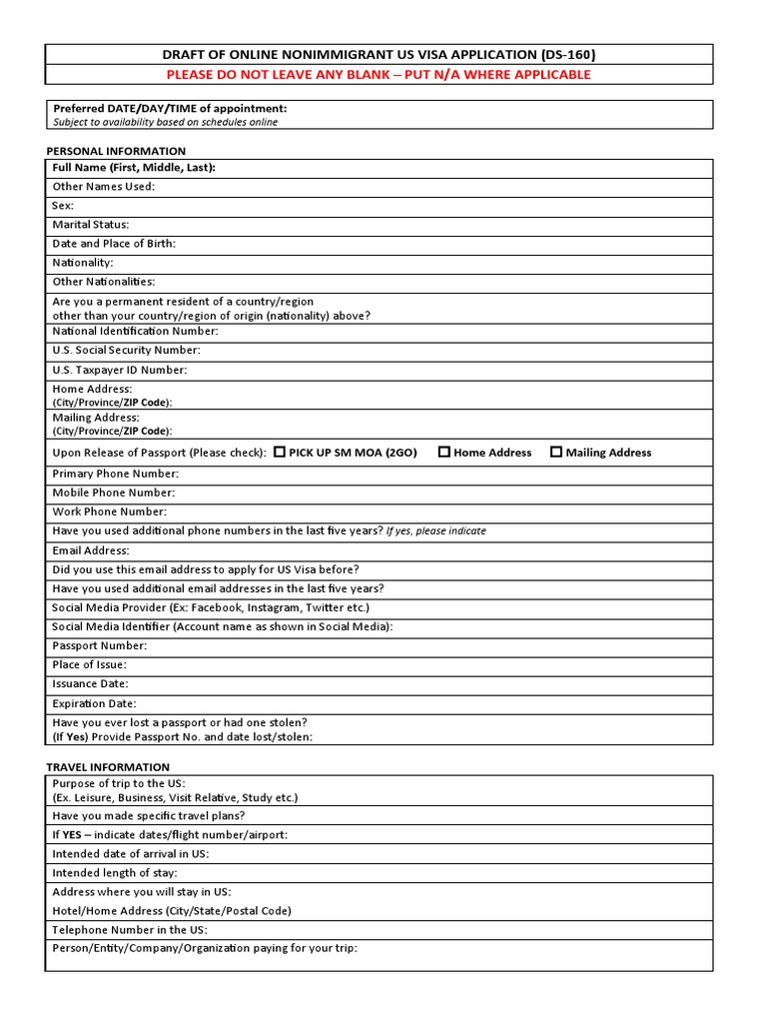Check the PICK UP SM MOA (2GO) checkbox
click(280, 452)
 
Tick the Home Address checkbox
click(444, 452)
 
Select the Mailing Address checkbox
click(556, 452)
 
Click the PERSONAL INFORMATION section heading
click(116, 151)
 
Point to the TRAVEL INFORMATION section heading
click(108, 767)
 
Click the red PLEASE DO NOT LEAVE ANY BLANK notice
click(379, 75)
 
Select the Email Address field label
click(91, 550)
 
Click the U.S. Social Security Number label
click(127, 350)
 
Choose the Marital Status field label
click(91, 225)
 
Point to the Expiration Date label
click(94, 703)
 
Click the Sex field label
click(63, 206)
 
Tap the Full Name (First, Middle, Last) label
click(134, 168)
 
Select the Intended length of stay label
click(115, 872)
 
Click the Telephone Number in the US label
click(130, 929)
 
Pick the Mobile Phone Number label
click(114, 493)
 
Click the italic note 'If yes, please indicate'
click(436, 531)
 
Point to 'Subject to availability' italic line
click(165, 122)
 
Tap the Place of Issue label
click(90, 665)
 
